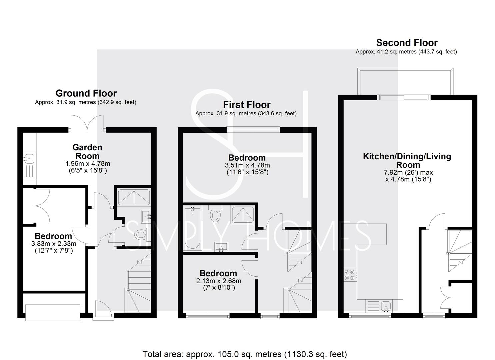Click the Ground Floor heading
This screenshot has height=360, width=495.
click(86, 93)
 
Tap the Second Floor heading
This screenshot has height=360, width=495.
click(407, 43)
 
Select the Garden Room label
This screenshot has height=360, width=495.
click(87, 152)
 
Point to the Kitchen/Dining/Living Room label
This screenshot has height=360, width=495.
click(407, 160)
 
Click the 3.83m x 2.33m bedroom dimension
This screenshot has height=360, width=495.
click(54, 244)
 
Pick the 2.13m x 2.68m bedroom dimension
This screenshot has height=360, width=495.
click(219, 281)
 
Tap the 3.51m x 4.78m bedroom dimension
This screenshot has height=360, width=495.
click(247, 165)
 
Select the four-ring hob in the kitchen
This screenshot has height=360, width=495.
click(350, 275)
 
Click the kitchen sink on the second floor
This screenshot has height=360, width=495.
click(386, 306)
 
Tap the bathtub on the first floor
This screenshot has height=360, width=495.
click(192, 228)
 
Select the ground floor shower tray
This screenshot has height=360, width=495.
click(134, 197)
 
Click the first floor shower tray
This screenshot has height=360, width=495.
click(242, 215)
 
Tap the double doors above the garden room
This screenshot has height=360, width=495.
click(87, 123)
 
